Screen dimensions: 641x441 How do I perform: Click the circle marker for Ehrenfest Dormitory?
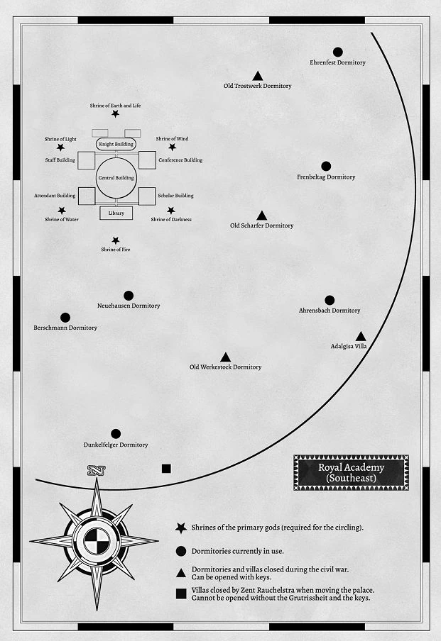tap(338, 52)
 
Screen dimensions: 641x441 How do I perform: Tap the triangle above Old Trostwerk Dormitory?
tap(258, 76)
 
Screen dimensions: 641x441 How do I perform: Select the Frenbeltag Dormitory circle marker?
tap(326, 166)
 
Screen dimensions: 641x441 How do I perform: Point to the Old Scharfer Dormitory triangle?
tap(261, 216)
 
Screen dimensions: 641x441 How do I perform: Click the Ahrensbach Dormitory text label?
tap(329, 311)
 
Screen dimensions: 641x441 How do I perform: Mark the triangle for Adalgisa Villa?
tap(361, 336)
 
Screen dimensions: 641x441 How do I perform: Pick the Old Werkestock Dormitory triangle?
tap(226, 357)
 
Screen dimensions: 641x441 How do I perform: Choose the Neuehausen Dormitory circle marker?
tap(129, 296)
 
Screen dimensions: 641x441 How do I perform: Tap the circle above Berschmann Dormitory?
tap(65, 318)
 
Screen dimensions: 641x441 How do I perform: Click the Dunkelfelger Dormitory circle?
tap(116, 434)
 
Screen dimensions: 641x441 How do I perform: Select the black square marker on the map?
tap(166, 468)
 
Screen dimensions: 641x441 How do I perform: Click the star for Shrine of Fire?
tap(116, 241)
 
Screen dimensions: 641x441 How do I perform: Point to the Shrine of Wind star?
tap(172, 147)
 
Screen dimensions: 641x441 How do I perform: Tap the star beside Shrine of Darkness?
tap(171, 211)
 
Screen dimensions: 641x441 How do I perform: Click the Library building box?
tap(116, 213)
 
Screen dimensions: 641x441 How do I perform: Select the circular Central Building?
tap(116, 179)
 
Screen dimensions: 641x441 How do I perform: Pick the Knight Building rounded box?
tap(116, 144)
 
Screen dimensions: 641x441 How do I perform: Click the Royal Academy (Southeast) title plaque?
tap(351, 472)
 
